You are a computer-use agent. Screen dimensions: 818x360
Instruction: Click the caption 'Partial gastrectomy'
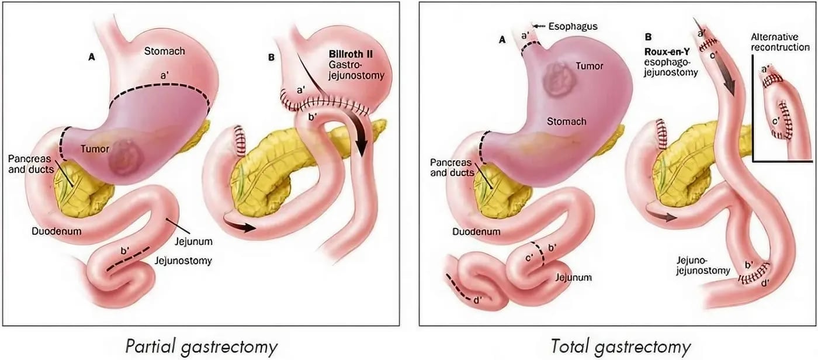pyautogui.click(x=201, y=346)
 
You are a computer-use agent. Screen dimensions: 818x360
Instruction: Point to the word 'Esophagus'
pyautogui.click(x=574, y=27)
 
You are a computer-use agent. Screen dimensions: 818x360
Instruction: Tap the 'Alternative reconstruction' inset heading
pyautogui.click(x=780, y=41)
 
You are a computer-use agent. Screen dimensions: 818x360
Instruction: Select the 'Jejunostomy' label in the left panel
pyautogui.click(x=183, y=261)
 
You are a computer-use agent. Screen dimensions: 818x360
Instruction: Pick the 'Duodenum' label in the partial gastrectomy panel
pyautogui.click(x=57, y=231)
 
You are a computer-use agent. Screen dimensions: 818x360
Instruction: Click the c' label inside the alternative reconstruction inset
pyautogui.click(x=775, y=122)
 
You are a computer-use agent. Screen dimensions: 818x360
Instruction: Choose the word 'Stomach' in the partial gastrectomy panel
pyautogui.click(x=164, y=51)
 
